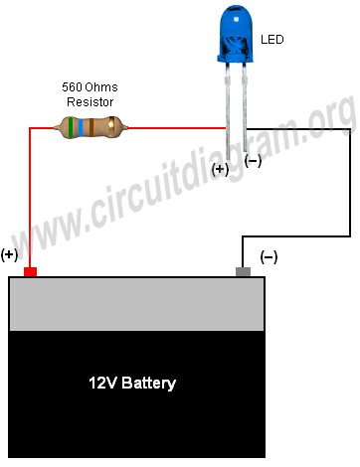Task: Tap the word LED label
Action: click(272, 41)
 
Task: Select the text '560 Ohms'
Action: click(90, 86)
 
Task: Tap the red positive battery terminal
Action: click(31, 271)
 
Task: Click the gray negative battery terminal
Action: click(243, 271)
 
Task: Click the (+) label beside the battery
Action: click(10, 254)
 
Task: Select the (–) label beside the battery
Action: click(269, 256)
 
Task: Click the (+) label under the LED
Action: click(220, 170)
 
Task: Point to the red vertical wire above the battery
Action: click(30, 199)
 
